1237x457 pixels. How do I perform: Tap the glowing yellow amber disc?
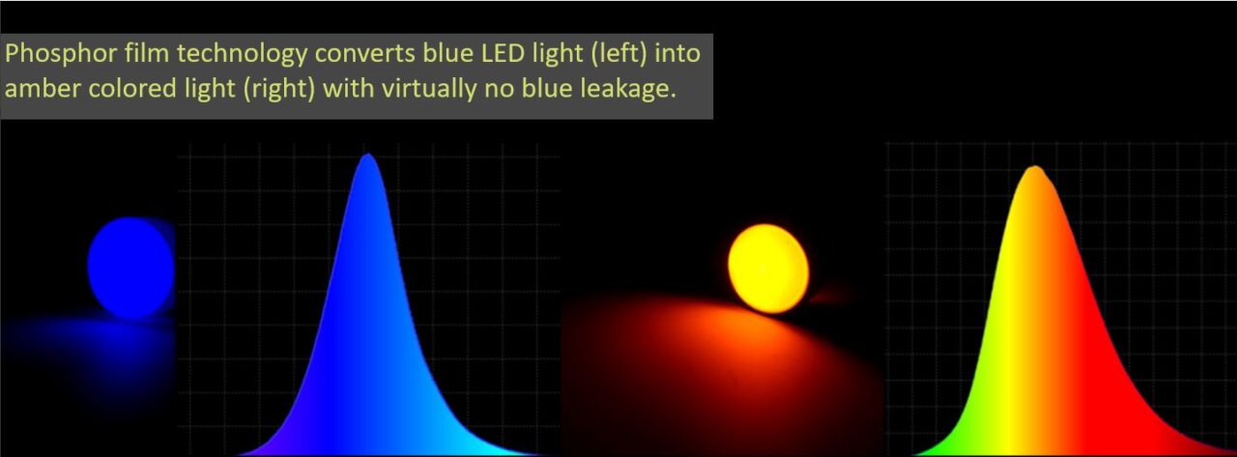(x=768, y=269)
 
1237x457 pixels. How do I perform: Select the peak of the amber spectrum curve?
(x=1034, y=170)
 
